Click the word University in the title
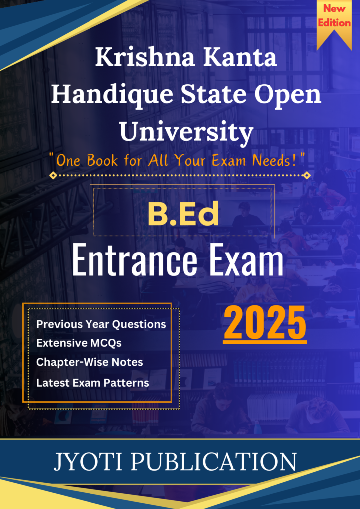pos(186,133)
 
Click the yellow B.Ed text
pos(183,215)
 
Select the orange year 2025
pos(265,324)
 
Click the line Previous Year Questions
pos(101,324)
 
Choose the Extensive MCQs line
pos(79,343)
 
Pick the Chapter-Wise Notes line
pos(90,362)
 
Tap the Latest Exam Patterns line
pos(92,383)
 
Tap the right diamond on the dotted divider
pos(306,175)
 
